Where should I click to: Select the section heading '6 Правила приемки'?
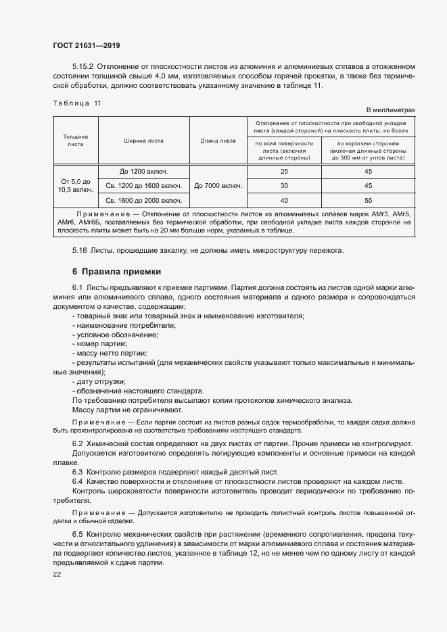[x=116, y=272]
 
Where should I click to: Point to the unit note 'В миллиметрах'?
[x=390, y=110]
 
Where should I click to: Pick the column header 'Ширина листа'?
[x=143, y=141]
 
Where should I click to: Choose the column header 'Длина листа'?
[x=218, y=141]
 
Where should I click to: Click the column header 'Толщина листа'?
[x=76, y=141]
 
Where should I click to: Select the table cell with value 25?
[x=283, y=172]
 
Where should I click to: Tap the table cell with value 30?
[x=283, y=186]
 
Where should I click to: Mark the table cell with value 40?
[x=283, y=201]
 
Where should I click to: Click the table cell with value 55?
[x=368, y=201]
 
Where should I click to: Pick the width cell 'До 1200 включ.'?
[x=143, y=172]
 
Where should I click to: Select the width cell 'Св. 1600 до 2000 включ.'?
[x=143, y=201]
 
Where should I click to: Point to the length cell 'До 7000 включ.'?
[x=218, y=186]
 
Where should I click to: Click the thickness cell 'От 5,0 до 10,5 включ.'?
[x=76, y=186]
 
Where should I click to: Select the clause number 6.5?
[x=77, y=533]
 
